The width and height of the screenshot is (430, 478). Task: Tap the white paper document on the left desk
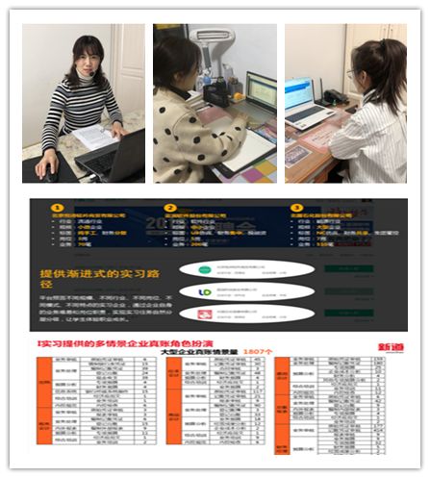[96, 138]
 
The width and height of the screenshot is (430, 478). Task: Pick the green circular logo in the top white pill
[205, 267]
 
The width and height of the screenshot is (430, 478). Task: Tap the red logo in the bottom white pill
[205, 314]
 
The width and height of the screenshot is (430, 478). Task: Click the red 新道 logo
[392, 347]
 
